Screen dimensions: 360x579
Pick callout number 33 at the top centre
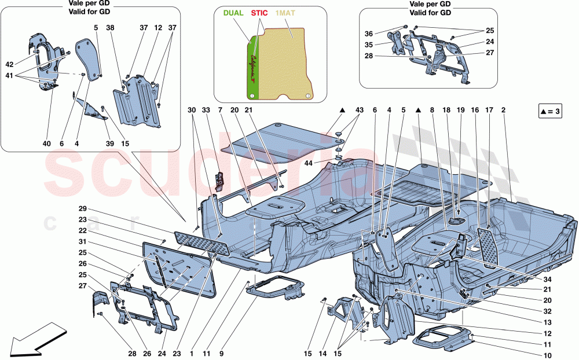pos(206,110)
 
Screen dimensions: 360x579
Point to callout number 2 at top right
pos(504,110)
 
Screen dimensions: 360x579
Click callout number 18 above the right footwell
pos(446,110)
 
